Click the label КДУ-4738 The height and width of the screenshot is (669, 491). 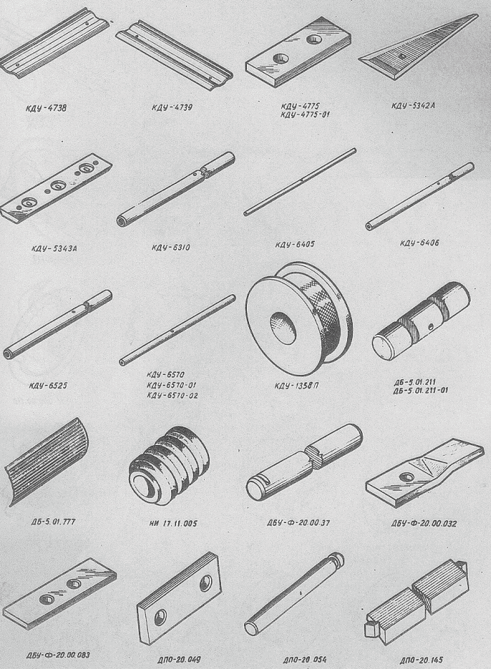click(x=47, y=108)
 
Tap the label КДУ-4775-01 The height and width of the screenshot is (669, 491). click(x=305, y=114)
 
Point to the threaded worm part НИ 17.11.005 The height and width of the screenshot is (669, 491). click(x=170, y=465)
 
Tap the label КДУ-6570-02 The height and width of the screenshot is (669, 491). click(x=173, y=395)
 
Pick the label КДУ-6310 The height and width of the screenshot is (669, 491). click(x=171, y=248)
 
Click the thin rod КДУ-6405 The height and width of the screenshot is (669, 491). click(x=300, y=181)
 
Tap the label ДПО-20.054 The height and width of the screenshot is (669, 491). click(x=304, y=660)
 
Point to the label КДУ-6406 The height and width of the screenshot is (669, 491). click(x=419, y=243)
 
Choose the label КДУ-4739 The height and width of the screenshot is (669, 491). click(x=172, y=107)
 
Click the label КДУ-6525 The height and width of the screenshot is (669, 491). click(x=48, y=386)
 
